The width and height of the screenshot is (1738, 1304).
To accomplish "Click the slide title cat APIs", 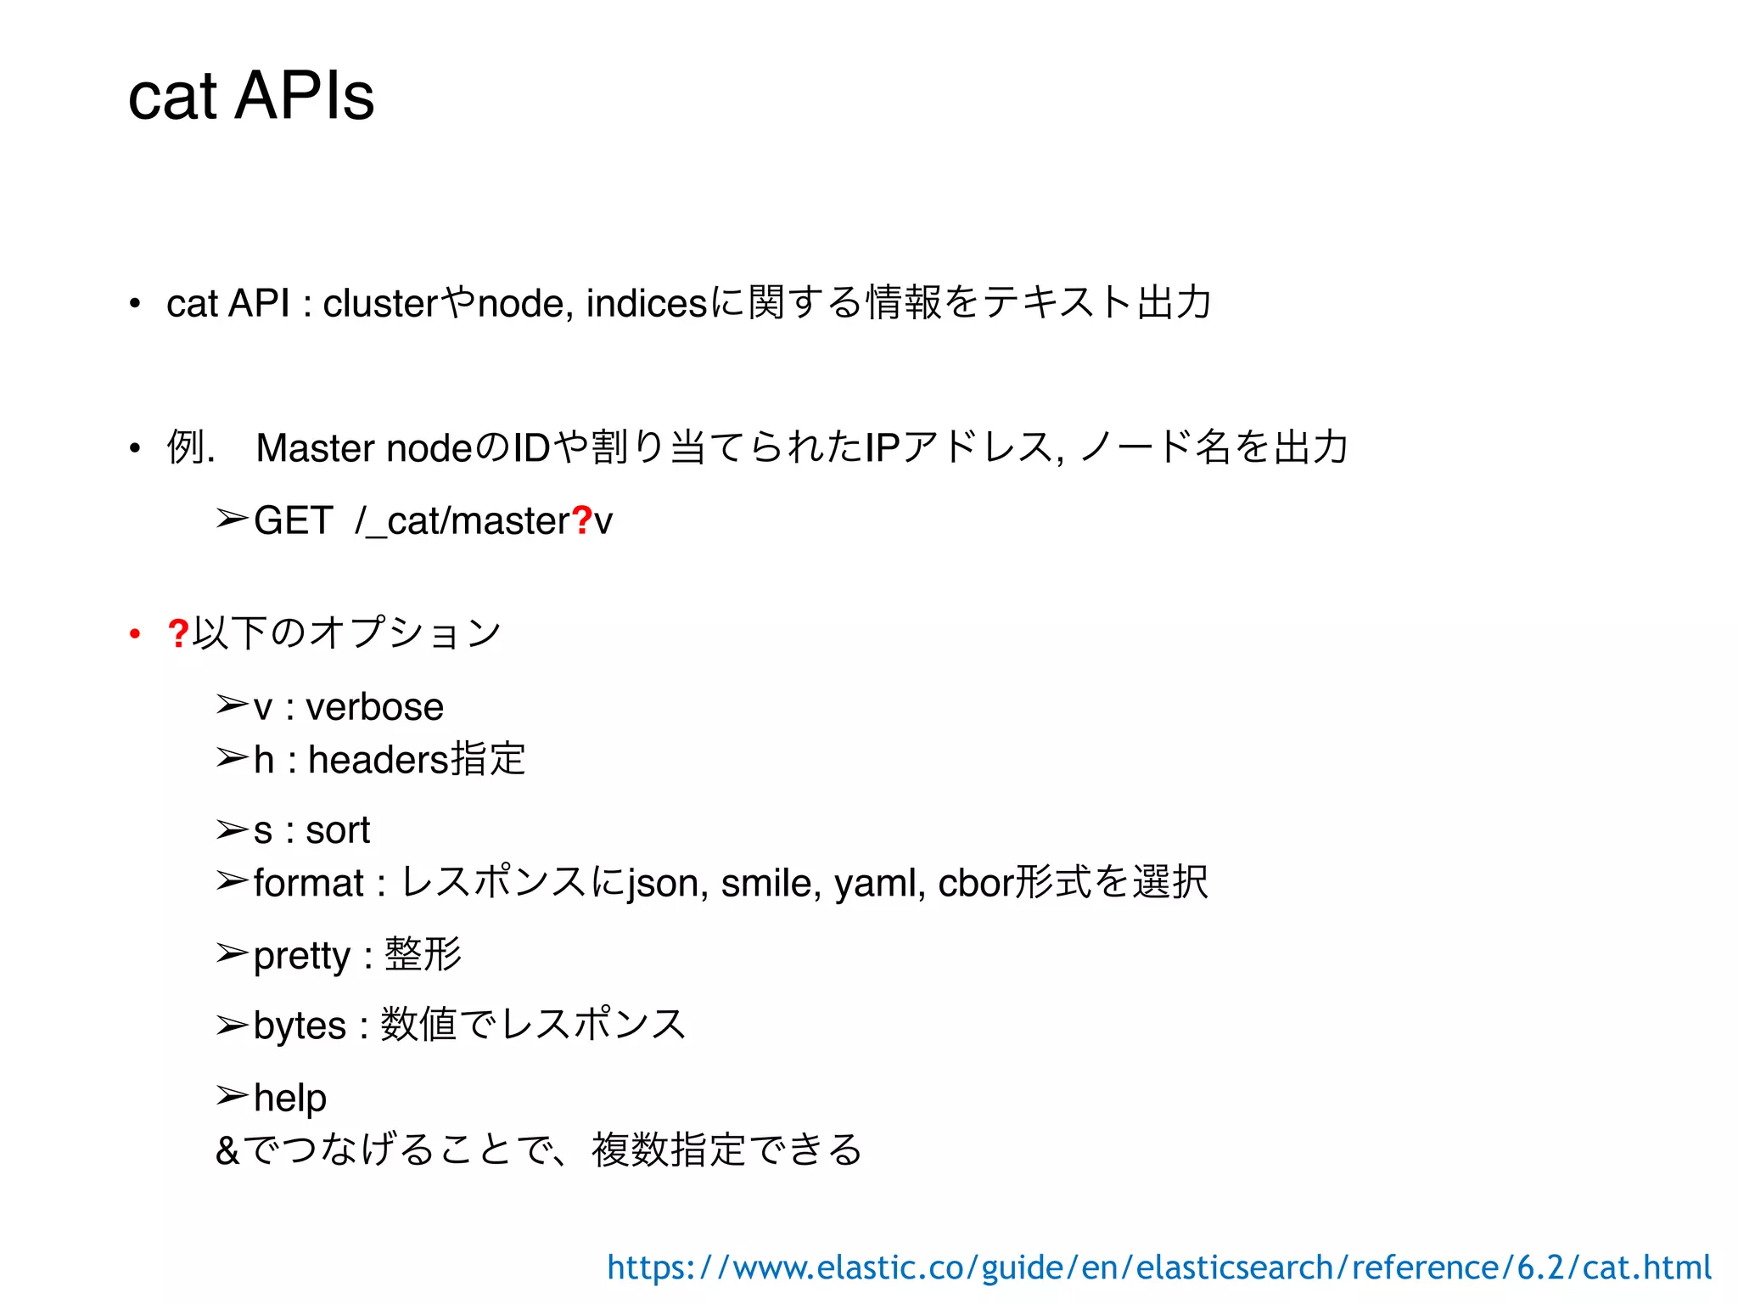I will point(251,96).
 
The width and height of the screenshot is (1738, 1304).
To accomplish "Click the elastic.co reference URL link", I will point(1158,1267).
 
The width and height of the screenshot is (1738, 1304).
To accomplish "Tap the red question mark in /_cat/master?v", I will point(582,520).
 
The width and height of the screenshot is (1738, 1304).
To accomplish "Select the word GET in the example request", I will point(293,520).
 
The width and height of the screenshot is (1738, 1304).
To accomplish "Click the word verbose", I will point(374,707).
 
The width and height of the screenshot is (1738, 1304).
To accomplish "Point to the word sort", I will point(338,830).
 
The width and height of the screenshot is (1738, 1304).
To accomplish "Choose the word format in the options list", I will point(308,884).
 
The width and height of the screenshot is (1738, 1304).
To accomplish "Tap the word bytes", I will point(300,1026).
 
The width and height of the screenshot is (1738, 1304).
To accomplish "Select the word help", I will point(290,1098).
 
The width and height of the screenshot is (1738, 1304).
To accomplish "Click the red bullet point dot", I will point(134,633).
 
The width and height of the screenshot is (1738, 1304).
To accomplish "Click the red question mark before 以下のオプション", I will point(178,633).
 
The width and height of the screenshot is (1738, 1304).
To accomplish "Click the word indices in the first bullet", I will point(646,304).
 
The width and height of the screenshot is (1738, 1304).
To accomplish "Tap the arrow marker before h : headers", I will point(232,757).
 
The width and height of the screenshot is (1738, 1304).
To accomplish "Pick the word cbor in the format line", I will point(976,884).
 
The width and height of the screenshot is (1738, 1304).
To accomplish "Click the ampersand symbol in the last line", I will point(227,1151).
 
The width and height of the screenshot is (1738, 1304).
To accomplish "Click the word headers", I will point(378,760).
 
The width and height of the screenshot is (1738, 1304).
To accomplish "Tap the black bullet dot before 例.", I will point(134,448).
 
